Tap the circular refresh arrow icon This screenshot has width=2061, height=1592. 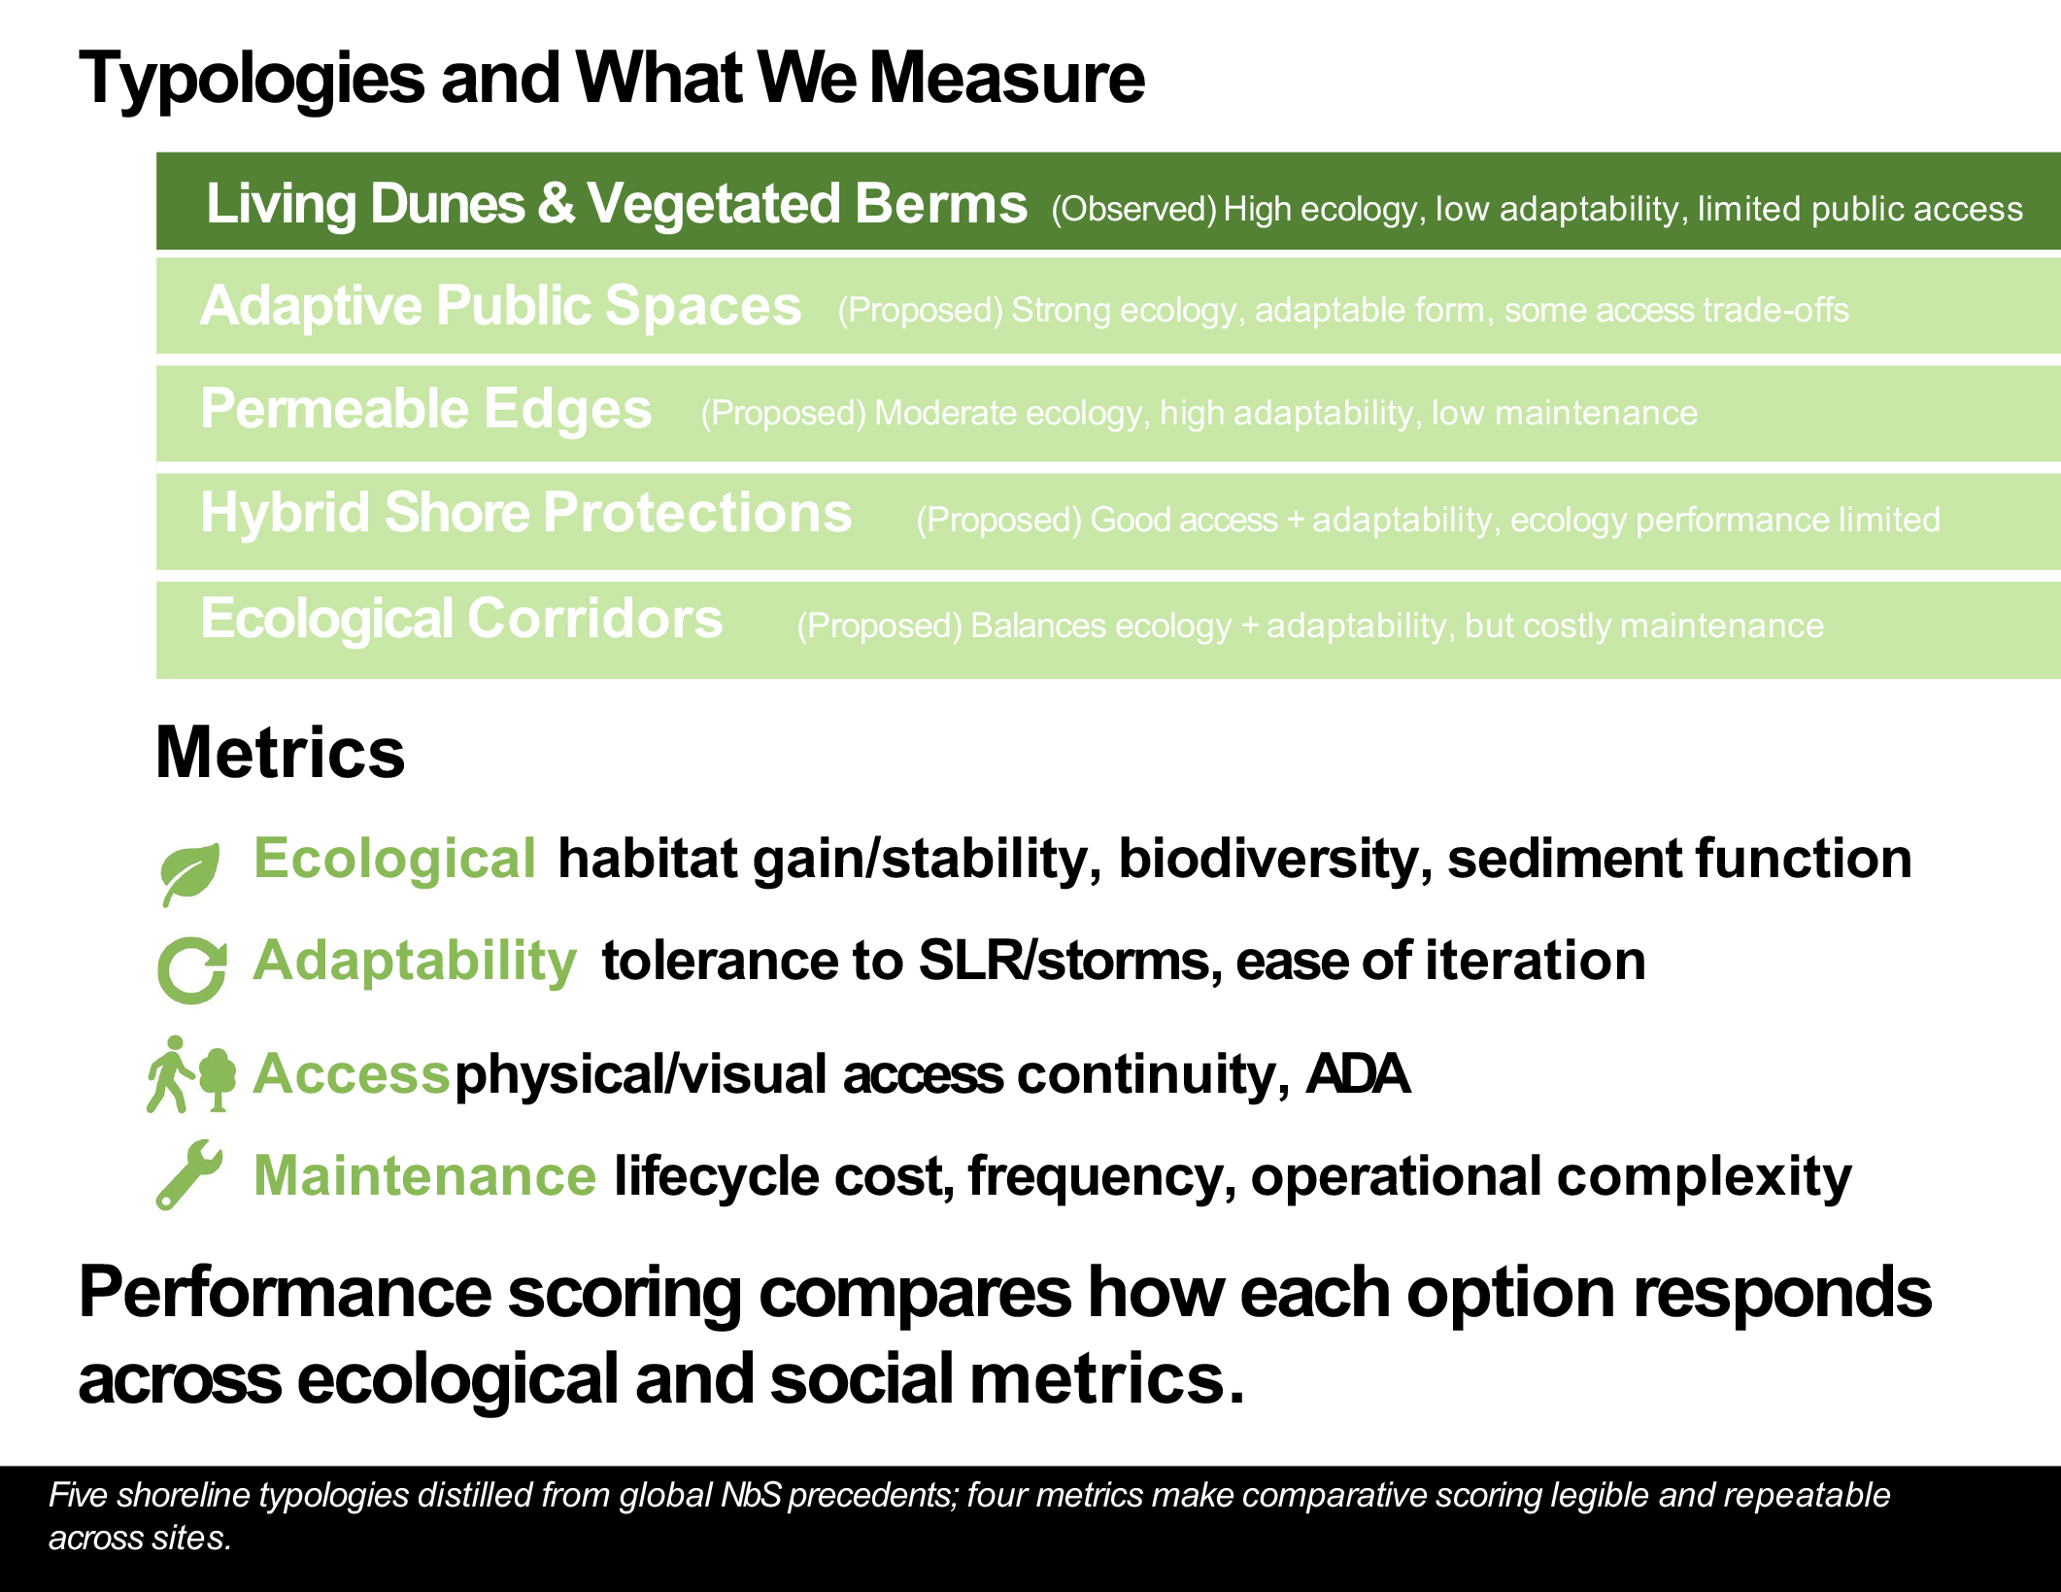pyautogui.click(x=191, y=970)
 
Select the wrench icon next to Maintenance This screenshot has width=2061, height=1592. pyautogui.click(x=189, y=1174)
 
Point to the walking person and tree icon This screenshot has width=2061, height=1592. pyautogui.click(x=191, y=1074)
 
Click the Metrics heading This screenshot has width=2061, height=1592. pyautogui.click(x=280, y=753)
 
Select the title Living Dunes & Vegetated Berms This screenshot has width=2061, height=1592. pyautogui.click(x=617, y=204)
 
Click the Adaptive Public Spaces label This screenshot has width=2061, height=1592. pyautogui.click(x=500, y=306)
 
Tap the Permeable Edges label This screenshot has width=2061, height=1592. pyautogui.click(x=425, y=409)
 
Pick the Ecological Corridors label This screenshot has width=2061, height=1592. pyautogui.click(x=461, y=619)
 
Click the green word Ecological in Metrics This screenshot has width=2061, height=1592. pyautogui.click(x=394, y=860)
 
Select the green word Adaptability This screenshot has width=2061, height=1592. pyautogui.click(x=415, y=962)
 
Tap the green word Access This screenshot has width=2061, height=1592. pyautogui.click(x=351, y=1074)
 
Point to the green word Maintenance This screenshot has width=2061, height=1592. pyautogui.click(x=424, y=1176)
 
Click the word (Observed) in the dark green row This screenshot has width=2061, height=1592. pyautogui.click(x=1133, y=210)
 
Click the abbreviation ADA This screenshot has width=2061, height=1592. pyautogui.click(x=1357, y=1074)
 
